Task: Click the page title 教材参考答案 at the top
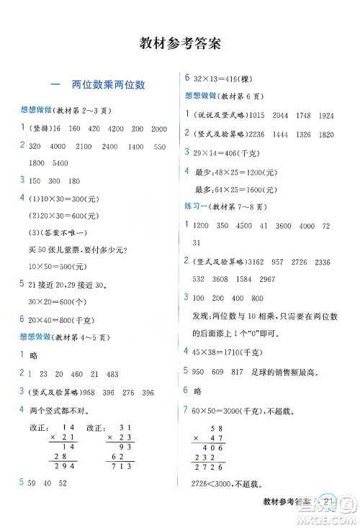point(180,42)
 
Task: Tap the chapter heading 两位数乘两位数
point(108,85)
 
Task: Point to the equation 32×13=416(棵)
point(227,78)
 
